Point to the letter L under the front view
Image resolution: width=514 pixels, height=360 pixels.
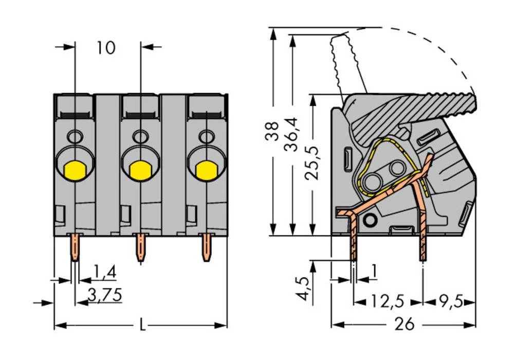pyautogui.click(x=142, y=325)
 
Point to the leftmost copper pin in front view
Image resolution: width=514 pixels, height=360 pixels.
pyautogui.click(x=75, y=247)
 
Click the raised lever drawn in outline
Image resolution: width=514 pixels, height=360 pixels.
pyautogui.click(x=350, y=62)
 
